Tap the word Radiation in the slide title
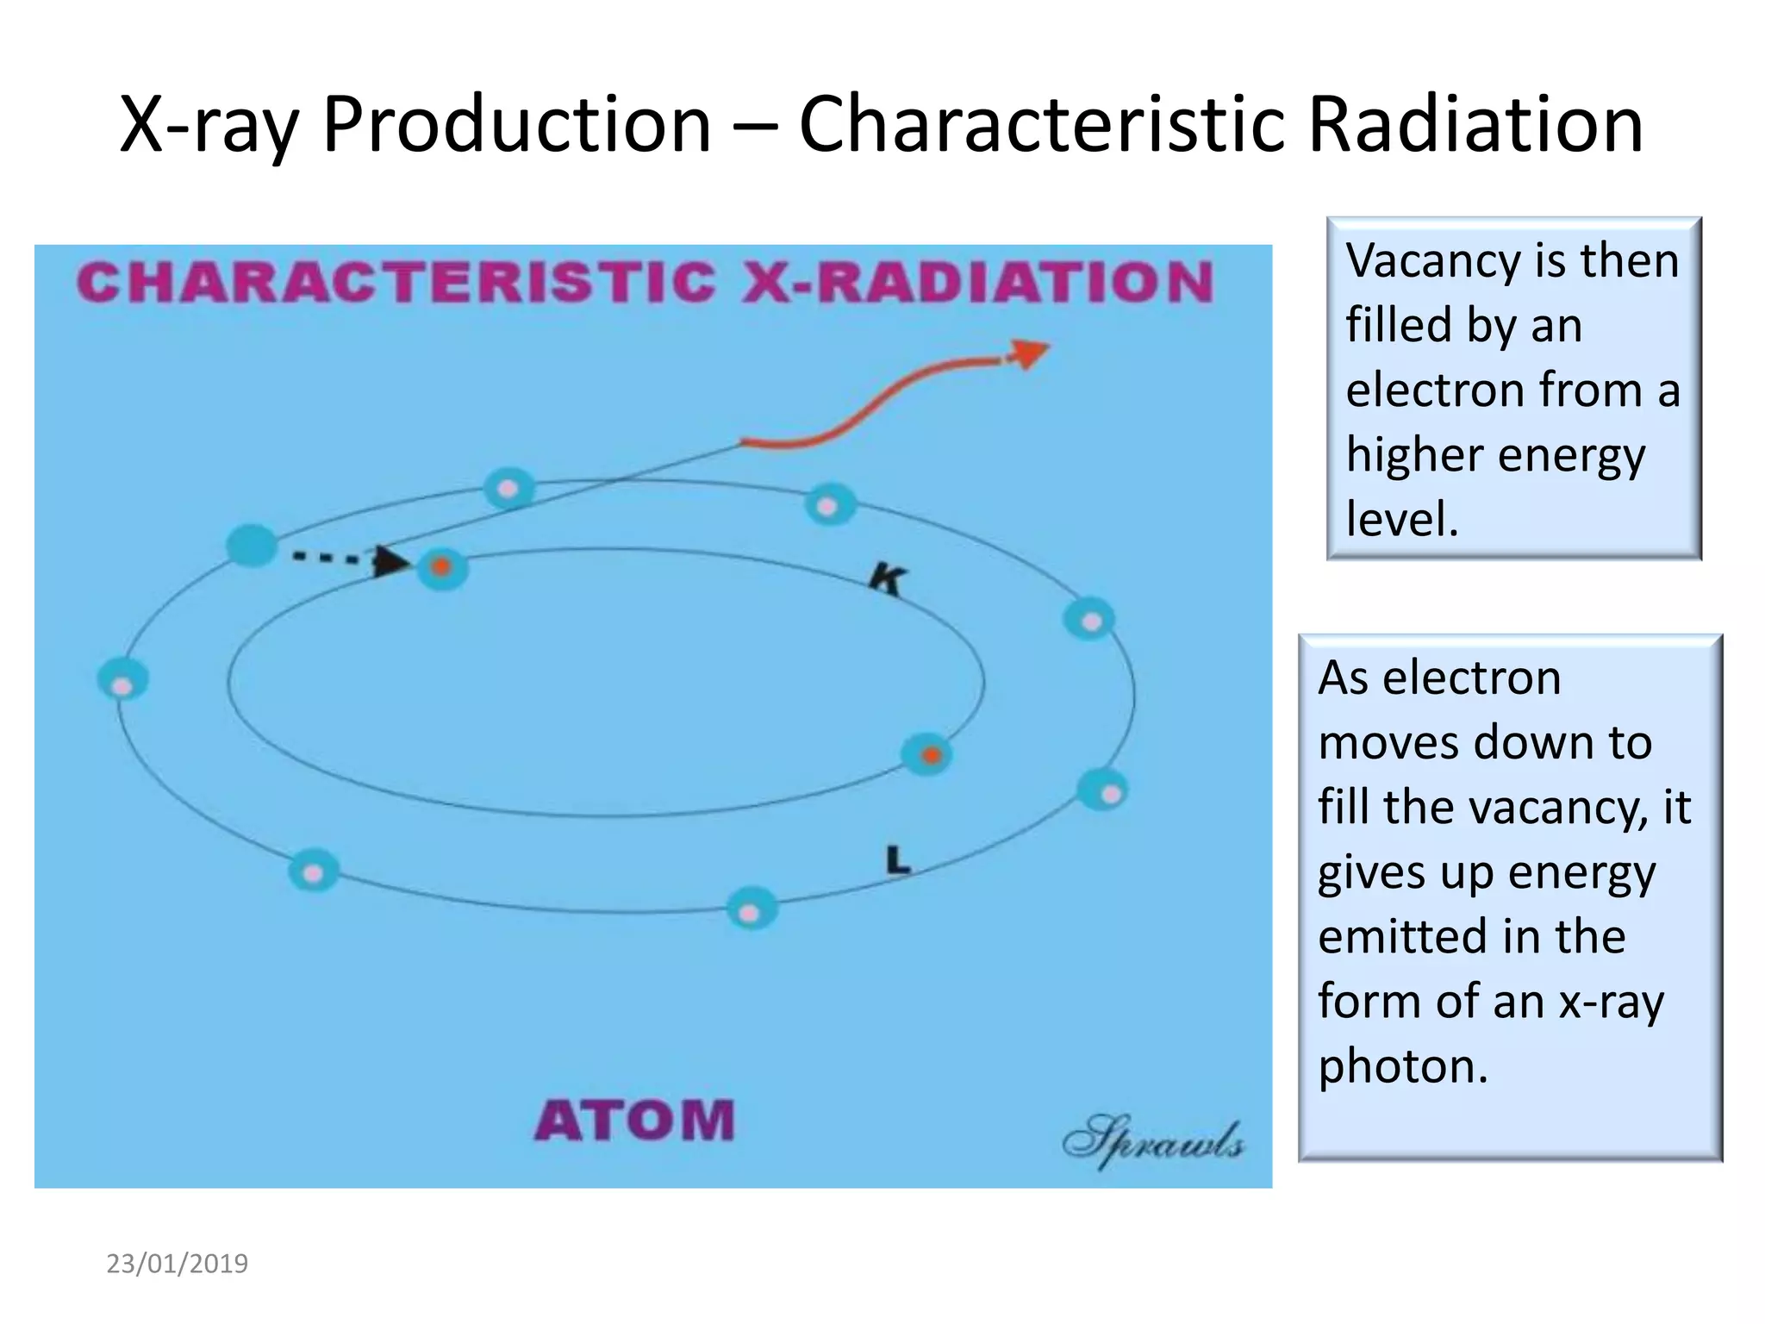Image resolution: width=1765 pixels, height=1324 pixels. tap(1475, 125)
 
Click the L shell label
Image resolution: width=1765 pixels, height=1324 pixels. tap(897, 859)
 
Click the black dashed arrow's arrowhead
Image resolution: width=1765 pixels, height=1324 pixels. tap(390, 562)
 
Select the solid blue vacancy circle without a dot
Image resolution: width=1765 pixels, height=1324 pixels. tap(252, 546)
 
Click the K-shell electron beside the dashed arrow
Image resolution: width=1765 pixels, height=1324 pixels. tap(442, 568)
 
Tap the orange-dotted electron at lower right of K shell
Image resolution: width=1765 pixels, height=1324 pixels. tap(928, 755)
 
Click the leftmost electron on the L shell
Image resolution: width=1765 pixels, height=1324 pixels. tap(123, 681)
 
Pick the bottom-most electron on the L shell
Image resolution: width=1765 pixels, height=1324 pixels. tap(752, 910)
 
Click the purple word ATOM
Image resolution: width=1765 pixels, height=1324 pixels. tap(634, 1121)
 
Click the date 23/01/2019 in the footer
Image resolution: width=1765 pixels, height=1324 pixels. tap(177, 1264)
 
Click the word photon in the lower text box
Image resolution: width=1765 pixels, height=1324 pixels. tap(1403, 1066)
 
